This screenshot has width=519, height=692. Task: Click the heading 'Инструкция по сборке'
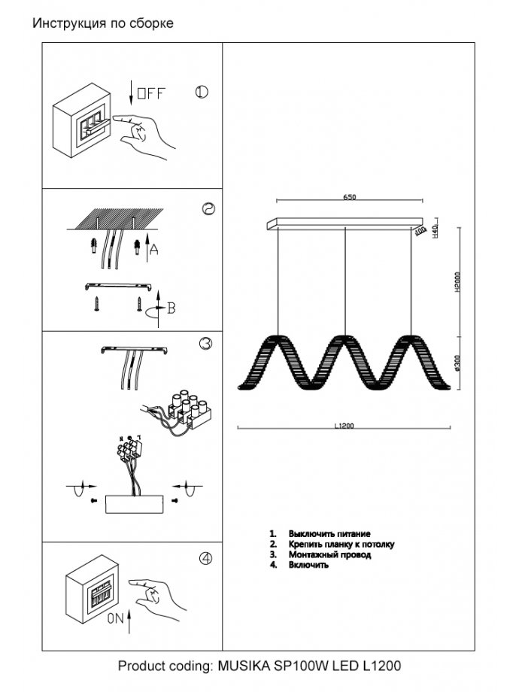coord(104,23)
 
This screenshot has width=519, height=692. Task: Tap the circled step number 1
coord(202,93)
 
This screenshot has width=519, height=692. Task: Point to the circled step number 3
coord(205,344)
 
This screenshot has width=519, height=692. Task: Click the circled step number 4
coord(205,559)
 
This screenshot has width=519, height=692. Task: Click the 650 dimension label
coord(350,197)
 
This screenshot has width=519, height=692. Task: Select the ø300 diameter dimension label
coord(457,364)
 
